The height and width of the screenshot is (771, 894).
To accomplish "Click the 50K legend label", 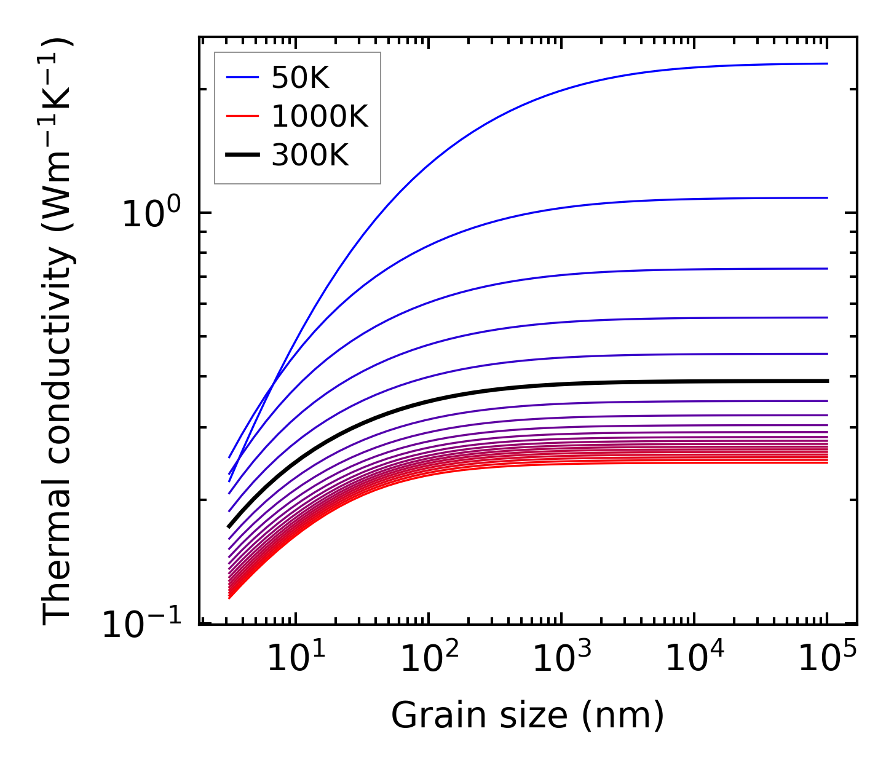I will (x=301, y=78).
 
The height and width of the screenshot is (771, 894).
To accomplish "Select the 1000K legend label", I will (x=320, y=117).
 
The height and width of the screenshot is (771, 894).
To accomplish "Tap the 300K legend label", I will (x=310, y=156).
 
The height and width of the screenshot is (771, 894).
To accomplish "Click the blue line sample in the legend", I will (x=243, y=77).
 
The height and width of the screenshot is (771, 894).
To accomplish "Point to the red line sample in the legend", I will (x=243, y=117).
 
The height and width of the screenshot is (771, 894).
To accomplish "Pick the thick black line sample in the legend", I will (x=243, y=156).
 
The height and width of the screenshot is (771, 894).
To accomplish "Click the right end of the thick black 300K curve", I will (x=828, y=381).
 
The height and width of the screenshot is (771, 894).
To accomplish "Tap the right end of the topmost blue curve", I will (x=828, y=63).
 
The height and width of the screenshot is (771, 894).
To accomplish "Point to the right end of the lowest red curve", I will (x=828, y=462).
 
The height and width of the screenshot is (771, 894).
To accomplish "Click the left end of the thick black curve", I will (x=229, y=527).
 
